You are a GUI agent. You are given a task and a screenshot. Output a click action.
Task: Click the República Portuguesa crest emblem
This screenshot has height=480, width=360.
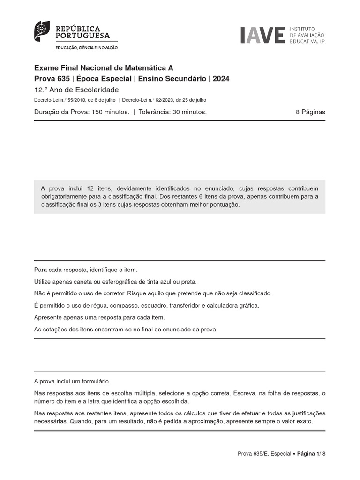tap(42, 30)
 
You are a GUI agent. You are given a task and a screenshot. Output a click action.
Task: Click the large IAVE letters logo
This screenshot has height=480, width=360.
tap(262, 35)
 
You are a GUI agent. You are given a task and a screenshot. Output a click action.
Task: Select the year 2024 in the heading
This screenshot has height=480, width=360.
tap(221, 79)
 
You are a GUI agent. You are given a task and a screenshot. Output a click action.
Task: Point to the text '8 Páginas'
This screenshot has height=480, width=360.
tap(310, 112)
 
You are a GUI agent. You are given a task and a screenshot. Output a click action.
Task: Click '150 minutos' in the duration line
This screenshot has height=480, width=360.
tap(110, 112)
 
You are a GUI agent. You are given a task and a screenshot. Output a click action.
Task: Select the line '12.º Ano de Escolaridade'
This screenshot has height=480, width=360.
tap(76, 90)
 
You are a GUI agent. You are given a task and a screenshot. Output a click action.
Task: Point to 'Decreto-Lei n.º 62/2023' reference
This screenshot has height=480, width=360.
tap(147, 100)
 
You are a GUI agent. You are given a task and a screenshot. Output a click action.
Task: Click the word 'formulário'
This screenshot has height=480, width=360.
tap(97, 382)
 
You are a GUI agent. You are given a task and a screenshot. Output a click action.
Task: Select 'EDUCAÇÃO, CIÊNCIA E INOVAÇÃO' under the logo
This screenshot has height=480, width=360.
tap(87, 48)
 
